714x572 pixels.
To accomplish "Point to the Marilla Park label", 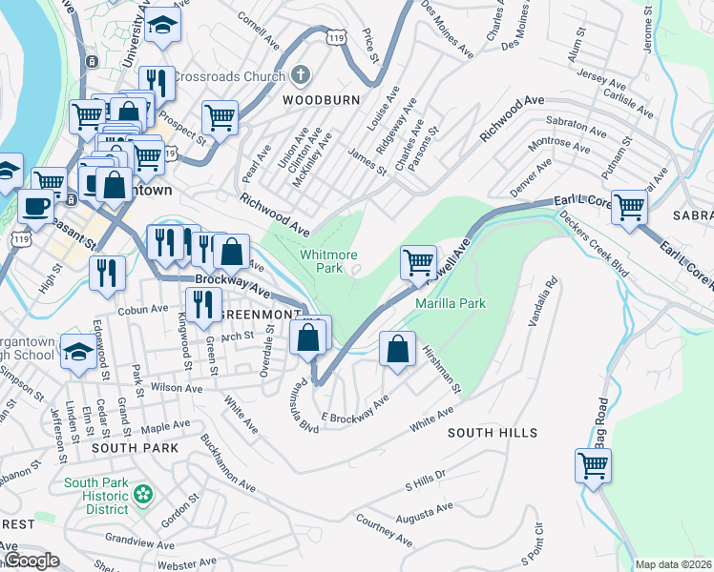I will click(x=451, y=303).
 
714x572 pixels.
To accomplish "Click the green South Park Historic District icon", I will click(x=143, y=494).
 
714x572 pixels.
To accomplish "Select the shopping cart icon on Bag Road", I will click(x=593, y=466).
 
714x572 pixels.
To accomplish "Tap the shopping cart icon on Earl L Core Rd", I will click(x=629, y=205).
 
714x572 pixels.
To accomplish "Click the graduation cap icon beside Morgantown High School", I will click(x=77, y=351).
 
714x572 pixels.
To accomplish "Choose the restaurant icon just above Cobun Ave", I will click(x=106, y=272).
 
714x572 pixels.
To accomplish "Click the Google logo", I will click(x=31, y=561).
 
